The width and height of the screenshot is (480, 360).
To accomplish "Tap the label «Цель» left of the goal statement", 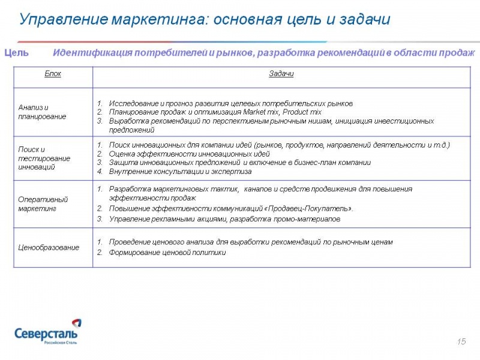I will click(x=17, y=53).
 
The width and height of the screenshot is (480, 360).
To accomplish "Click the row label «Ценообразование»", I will click(x=49, y=247).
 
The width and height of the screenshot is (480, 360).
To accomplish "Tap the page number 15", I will click(x=461, y=341).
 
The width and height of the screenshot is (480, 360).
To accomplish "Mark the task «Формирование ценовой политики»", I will click(x=167, y=253).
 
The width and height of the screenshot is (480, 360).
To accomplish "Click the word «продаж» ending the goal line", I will click(x=459, y=53).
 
